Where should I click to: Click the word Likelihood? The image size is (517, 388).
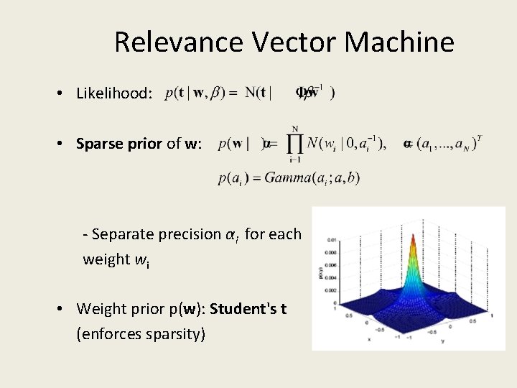114,94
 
